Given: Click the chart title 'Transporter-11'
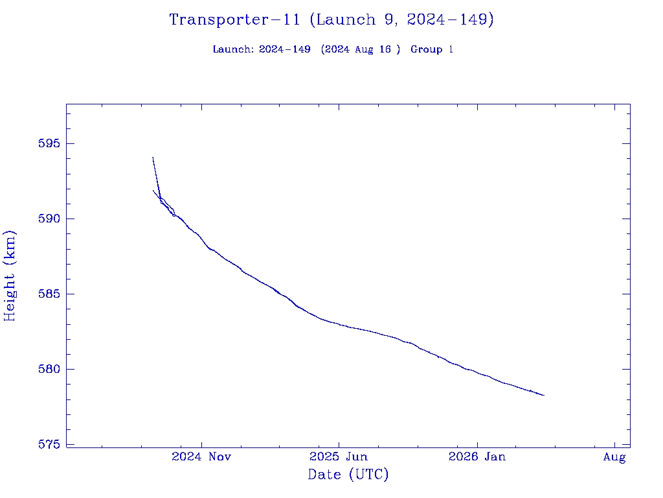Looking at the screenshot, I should [x=234, y=19].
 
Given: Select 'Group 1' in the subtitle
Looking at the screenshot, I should [x=432, y=49].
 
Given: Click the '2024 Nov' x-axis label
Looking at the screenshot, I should [x=201, y=457].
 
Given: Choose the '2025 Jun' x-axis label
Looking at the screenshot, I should [x=339, y=457].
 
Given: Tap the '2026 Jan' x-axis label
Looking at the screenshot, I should [x=477, y=457].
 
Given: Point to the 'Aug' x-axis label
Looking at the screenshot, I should [x=614, y=457].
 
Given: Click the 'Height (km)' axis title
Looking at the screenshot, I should [x=10, y=276].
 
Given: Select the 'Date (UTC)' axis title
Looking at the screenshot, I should [x=348, y=475].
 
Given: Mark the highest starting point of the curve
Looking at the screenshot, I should [x=153, y=157].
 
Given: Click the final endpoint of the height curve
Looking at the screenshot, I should [x=544, y=395].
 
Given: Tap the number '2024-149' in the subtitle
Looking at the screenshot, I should [x=285, y=49].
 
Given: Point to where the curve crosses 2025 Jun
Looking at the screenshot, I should [x=339, y=324].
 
